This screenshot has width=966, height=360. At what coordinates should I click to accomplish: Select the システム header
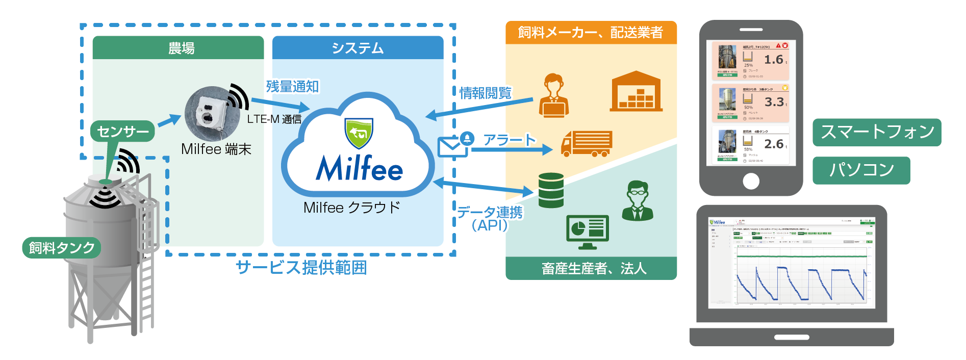click(358, 48)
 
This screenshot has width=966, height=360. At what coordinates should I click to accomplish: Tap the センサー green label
click(122, 132)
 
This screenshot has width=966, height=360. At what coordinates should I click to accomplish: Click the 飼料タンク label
click(62, 248)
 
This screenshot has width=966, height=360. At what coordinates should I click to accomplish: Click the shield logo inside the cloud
click(359, 133)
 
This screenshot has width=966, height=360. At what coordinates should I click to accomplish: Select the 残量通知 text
click(292, 87)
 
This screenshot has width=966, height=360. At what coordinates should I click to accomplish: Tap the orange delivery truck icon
click(586, 143)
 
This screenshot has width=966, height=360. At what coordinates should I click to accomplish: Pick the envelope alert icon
click(452, 146)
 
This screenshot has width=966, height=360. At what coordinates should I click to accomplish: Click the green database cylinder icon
click(551, 190)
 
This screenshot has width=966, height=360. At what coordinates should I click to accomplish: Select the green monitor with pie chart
click(588, 231)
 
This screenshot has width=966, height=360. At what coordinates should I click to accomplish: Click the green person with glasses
click(637, 201)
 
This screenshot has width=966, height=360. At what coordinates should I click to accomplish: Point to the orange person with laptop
click(553, 96)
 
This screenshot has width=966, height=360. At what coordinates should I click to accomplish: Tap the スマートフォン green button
click(877, 132)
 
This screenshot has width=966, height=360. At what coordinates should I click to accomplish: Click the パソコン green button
click(861, 170)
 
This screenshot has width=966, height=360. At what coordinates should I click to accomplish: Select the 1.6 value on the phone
click(774, 60)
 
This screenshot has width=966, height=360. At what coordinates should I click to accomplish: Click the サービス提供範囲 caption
click(301, 267)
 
